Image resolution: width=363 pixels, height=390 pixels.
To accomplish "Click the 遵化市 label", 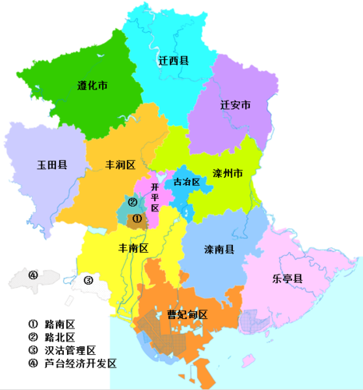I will [93, 86].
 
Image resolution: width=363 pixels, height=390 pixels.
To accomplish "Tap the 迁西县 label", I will [174, 60].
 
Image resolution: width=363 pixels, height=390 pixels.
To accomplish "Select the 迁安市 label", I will [234, 106].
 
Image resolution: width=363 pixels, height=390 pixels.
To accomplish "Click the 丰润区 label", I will [121, 165].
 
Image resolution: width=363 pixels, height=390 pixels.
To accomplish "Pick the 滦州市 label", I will [228, 172].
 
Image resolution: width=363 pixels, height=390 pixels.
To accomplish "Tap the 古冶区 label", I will [186, 182].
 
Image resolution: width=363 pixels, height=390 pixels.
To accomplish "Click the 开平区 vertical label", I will [154, 198].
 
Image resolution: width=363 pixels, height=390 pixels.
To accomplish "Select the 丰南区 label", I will [132, 248].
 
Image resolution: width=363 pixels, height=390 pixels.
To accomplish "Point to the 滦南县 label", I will [220, 248].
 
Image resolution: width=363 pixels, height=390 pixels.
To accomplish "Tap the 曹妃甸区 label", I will [188, 315].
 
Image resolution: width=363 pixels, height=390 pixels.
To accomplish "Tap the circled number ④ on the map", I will [33, 275].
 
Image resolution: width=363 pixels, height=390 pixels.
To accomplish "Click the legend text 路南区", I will [60, 324].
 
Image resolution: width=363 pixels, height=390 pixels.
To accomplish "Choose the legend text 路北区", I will [60, 337].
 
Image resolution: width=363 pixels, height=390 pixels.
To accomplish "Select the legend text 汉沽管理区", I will [70, 350].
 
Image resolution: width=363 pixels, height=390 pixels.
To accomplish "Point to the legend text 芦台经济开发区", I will [80, 363].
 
